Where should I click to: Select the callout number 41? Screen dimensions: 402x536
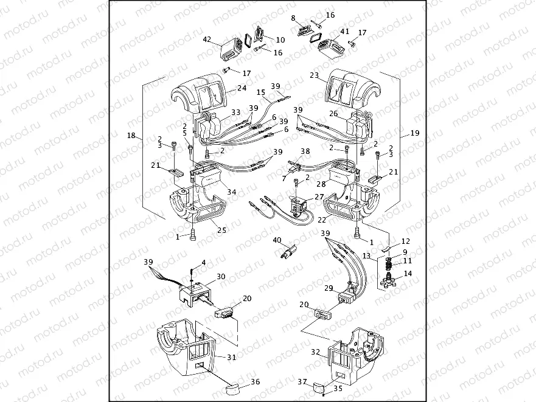[x=344, y=31]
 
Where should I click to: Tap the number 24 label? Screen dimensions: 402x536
[x=224, y=88]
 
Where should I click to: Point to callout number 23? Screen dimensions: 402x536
[x=314, y=76]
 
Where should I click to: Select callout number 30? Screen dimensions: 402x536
[x=221, y=276]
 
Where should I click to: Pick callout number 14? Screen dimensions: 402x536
[x=407, y=274]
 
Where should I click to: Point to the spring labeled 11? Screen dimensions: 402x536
[x=386, y=264]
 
